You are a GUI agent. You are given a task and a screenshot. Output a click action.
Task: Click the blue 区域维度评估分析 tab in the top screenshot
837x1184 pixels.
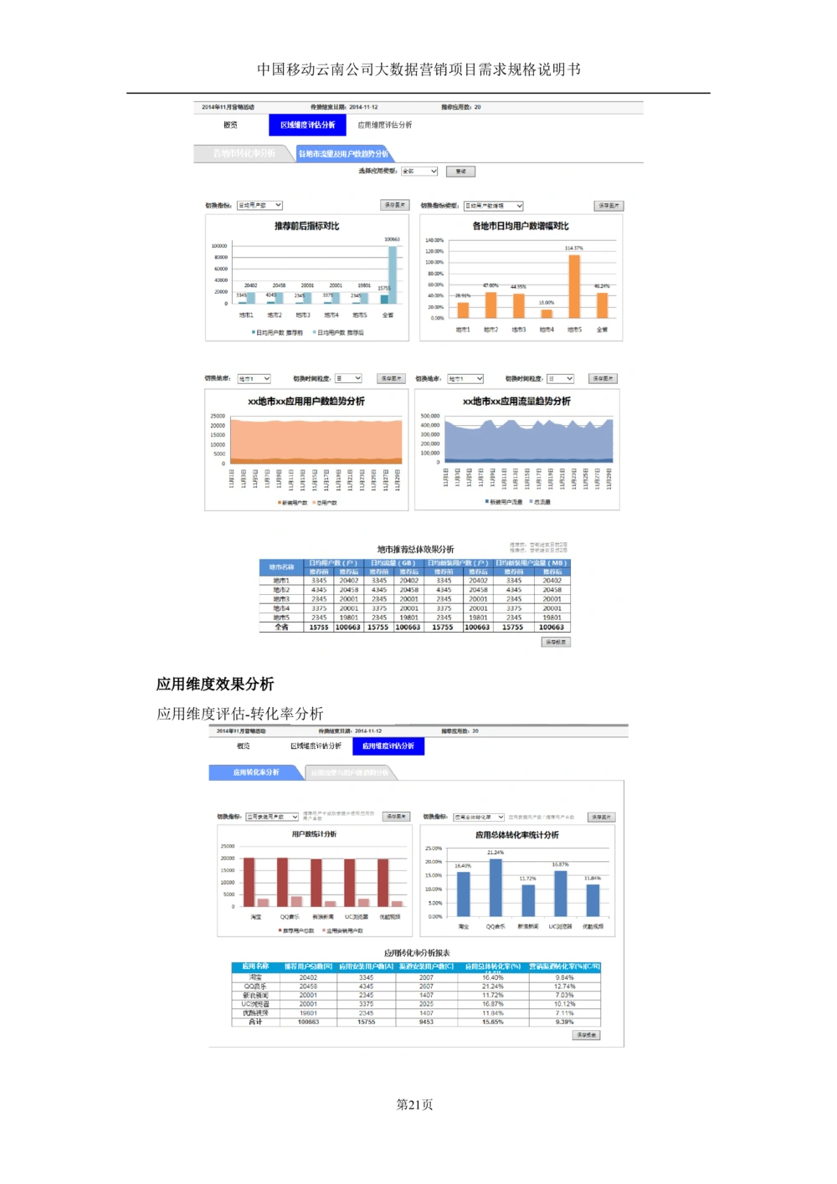coord(307,125)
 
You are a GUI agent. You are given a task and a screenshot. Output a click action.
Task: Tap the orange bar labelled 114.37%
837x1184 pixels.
coord(574,286)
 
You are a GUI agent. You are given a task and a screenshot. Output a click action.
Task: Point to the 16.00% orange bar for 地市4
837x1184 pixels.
coord(547,314)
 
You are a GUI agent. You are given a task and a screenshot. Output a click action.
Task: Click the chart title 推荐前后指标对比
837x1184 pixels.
coord(306,226)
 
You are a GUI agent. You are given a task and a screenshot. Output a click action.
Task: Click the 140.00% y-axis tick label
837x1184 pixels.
coord(434,240)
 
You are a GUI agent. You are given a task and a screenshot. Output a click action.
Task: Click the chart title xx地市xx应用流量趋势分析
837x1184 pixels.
coord(516,402)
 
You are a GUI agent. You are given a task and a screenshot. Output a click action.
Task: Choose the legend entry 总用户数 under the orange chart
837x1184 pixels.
coord(326,503)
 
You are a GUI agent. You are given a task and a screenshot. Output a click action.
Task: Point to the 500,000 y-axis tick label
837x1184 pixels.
coord(430,416)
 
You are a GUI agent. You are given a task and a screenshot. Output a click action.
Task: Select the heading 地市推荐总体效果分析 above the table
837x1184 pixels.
coord(415,550)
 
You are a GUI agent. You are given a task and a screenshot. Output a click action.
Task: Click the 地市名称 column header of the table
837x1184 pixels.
coord(282,567)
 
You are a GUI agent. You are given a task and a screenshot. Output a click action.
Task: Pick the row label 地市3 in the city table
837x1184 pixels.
coord(281,599)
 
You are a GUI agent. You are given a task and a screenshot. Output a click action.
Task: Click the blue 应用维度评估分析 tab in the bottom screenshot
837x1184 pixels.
coord(388,746)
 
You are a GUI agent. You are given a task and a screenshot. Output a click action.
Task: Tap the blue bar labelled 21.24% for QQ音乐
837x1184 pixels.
coord(496,887)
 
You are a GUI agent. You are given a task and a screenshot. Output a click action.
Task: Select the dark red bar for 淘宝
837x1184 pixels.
coord(249,882)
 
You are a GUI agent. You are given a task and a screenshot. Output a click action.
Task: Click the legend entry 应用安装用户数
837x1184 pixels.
coord(344,930)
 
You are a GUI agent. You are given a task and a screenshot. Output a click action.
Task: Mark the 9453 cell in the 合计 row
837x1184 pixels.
coord(426,1022)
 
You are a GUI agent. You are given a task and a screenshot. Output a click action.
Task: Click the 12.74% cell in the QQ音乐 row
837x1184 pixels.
coord(564,987)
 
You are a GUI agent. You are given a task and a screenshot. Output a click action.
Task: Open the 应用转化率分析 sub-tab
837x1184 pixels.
coord(256,772)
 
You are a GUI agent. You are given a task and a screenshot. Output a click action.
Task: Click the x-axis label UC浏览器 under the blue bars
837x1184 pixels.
coord(560,926)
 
